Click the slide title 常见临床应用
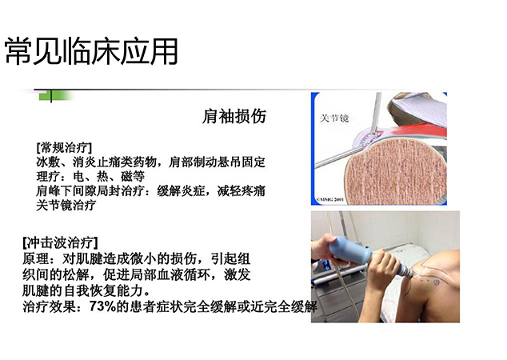[91, 51]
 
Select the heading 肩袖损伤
[234, 116]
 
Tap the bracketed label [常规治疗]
[64, 147]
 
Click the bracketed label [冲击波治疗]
[61, 242]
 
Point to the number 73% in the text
[102, 306]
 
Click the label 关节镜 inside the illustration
[334, 118]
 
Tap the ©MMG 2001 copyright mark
[329, 199]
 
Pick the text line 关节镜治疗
[66, 205]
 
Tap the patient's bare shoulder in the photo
[435, 285]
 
